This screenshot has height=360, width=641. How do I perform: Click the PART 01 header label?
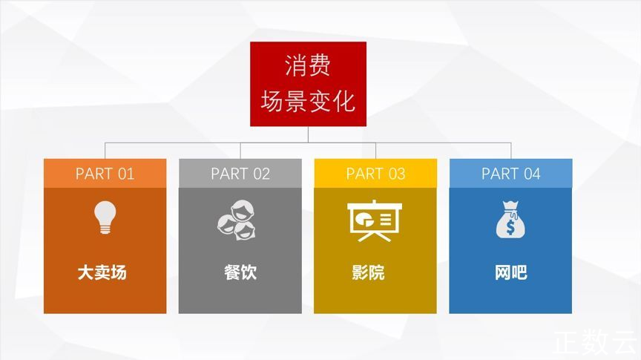point(105,174)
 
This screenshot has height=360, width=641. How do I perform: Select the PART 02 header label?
point(240,174)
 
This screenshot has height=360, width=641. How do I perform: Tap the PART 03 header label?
point(375,174)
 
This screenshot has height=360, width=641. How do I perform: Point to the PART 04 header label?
point(511,174)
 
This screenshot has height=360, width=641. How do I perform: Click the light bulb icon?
point(105,217)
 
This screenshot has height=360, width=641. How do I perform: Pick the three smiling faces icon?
point(237,220)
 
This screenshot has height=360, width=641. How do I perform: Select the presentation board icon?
point(375,220)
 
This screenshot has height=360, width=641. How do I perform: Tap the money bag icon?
point(510,220)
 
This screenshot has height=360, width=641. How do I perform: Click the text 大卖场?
point(102,272)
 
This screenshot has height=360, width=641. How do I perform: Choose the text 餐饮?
point(240,272)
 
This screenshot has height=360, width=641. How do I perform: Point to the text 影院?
point(368,272)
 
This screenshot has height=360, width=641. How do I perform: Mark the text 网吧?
point(511,272)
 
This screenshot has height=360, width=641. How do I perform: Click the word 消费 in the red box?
point(308,65)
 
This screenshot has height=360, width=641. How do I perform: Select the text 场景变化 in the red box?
point(308,101)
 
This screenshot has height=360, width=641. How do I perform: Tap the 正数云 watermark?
point(596,342)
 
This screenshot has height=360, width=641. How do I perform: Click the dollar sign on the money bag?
point(510,227)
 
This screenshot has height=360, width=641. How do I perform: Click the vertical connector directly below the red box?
point(308,134)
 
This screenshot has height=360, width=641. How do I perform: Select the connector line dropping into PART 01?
point(105,151)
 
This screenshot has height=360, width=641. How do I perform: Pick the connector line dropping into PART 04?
point(511,151)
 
